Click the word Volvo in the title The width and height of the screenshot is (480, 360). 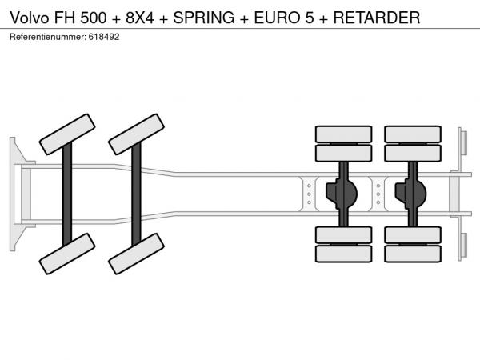30,18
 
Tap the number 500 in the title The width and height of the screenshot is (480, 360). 94,18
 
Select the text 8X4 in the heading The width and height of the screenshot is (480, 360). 140,18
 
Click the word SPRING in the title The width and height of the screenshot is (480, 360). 204,18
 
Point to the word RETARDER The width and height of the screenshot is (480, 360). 377,18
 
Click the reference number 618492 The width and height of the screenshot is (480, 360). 104,37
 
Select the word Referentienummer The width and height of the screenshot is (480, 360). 48,37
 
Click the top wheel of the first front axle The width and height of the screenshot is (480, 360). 67,134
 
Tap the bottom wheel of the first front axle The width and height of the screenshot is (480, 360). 67,254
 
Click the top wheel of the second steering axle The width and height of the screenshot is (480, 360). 137,134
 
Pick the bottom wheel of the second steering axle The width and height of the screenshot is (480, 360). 137,254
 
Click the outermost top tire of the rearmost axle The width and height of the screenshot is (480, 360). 413,134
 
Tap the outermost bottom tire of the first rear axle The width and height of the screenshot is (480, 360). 344,254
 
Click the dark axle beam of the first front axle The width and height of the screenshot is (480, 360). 67,194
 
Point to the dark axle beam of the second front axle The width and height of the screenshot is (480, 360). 136,194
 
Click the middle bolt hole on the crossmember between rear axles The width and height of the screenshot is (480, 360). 378,194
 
